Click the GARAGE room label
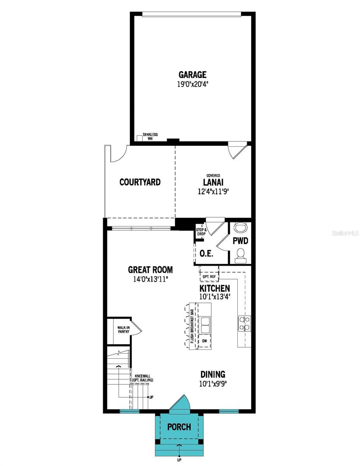coord(192,75)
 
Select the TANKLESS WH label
coord(150,136)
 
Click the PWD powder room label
coord(240,241)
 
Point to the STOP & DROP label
coord(201,232)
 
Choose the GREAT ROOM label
coord(150,270)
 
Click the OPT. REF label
coord(209,276)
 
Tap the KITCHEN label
coord(214,289)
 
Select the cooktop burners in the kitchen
coord(244,323)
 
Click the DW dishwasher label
coord(205,341)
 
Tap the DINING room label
coord(213,374)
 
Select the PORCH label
coord(179,427)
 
